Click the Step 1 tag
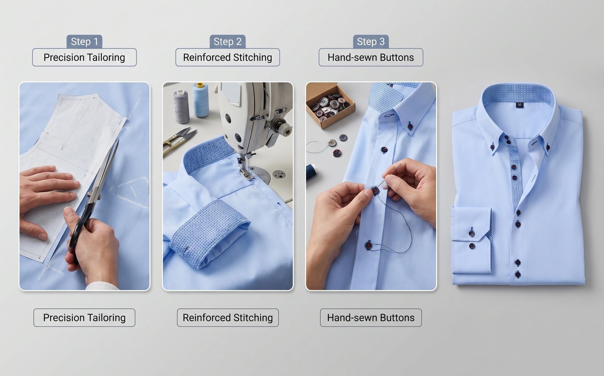[x=84, y=42]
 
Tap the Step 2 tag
[x=227, y=42]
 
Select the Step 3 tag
[x=371, y=42]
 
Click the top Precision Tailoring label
[x=84, y=57]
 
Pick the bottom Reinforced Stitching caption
[x=228, y=317]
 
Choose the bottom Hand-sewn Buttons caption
[x=371, y=317]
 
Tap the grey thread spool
[x=182, y=106]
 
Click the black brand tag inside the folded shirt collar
[x=519, y=105]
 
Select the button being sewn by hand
[x=375, y=191]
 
